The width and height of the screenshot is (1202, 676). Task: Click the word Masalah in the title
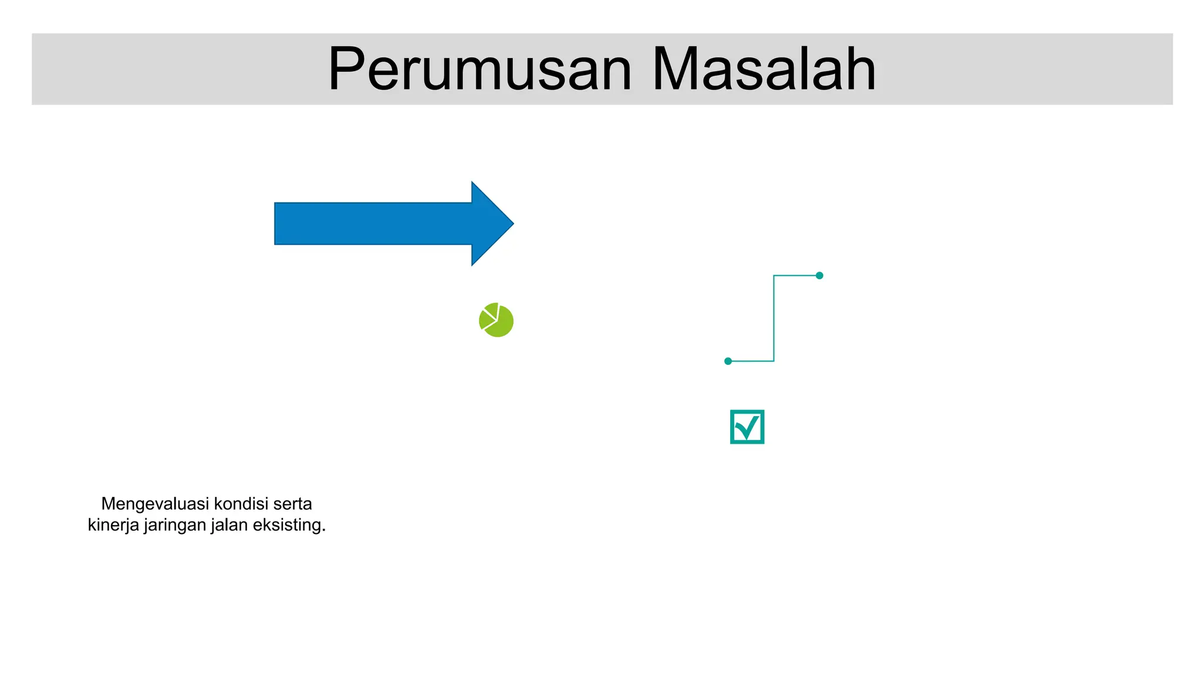(x=764, y=69)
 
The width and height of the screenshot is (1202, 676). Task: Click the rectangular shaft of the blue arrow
(x=373, y=224)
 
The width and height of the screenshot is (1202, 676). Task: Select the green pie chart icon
(x=497, y=320)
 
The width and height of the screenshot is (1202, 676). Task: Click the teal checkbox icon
(x=747, y=427)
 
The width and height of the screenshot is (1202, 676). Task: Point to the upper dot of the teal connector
(x=819, y=275)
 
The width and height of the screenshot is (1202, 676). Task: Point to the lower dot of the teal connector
(x=728, y=361)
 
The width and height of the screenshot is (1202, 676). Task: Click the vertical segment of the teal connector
(x=774, y=318)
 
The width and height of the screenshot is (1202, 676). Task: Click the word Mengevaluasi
(x=155, y=504)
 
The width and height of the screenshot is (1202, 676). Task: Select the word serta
(x=292, y=504)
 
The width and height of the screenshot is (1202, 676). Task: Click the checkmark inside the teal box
(x=748, y=427)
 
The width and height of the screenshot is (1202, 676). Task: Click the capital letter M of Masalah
(x=675, y=69)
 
